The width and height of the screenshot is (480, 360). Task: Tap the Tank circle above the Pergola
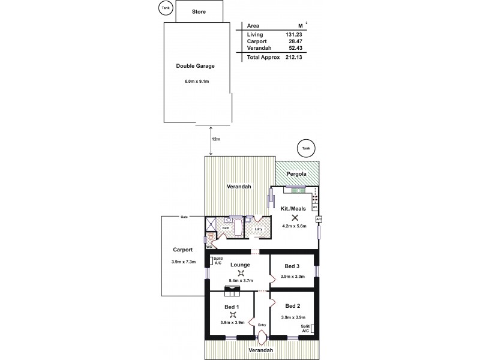tap(306, 148)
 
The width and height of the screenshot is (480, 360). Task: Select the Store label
tap(199, 11)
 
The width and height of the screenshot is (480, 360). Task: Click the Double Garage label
tap(195, 66)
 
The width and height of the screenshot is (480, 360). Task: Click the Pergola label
tap(296, 175)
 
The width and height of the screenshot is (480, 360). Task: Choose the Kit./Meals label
tap(293, 208)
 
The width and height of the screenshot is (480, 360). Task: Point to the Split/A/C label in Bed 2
tap(305, 328)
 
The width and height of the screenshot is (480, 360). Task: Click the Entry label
tap(262, 326)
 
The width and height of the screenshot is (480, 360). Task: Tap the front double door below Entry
tap(262, 338)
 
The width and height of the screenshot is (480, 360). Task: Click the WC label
tap(209, 246)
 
